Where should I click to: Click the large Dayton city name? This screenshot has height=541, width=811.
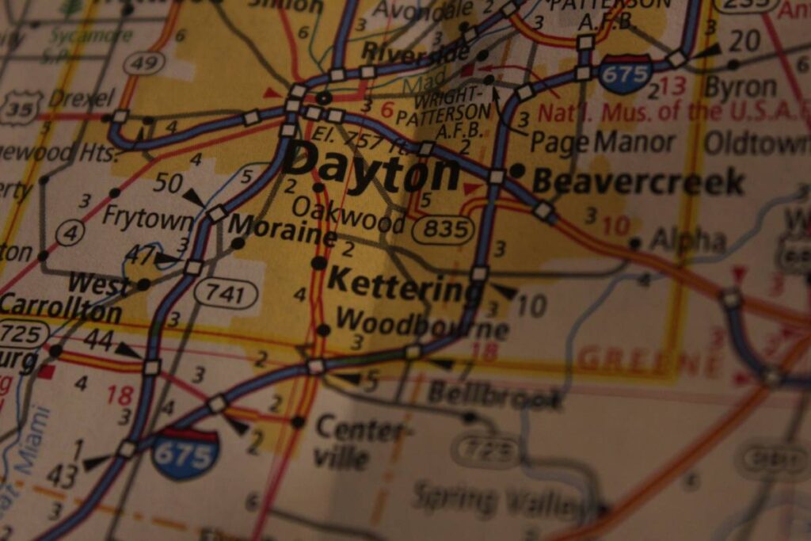pyautogui.click(x=371, y=166)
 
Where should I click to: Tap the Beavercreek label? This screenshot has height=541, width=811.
pyautogui.click(x=638, y=182)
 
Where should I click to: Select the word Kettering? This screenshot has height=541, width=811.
pyautogui.click(x=405, y=286)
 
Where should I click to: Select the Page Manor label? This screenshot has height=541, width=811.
pyautogui.click(x=602, y=143)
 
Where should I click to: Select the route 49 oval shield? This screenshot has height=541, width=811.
pyautogui.click(x=144, y=63)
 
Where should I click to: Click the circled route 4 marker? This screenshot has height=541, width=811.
pyautogui.click(x=70, y=234)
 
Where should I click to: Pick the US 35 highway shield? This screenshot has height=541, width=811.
pyautogui.click(x=19, y=108)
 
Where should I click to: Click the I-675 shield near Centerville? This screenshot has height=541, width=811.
pyautogui.click(x=185, y=454)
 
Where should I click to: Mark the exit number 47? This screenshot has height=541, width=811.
pyautogui.click(x=139, y=254)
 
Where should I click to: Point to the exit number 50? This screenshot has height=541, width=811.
pyautogui.click(x=168, y=184)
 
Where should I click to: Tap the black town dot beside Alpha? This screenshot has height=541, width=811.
pyautogui.click(x=634, y=242)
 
